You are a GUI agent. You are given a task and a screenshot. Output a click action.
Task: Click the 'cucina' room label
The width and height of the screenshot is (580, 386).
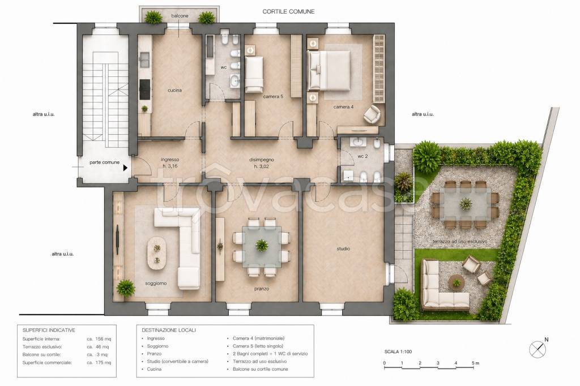pos(174,90)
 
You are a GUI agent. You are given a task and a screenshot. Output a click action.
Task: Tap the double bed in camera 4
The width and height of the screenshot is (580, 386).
pos(329,70)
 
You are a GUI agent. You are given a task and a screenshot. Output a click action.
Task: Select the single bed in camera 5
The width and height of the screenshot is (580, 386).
pos(254,74)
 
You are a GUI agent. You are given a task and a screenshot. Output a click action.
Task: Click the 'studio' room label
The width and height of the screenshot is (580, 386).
pos(343,249)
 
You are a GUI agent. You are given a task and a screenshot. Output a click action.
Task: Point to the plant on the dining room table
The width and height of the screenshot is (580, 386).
pos(262,245)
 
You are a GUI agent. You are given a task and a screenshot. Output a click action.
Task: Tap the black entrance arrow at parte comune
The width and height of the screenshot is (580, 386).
pos(125,168)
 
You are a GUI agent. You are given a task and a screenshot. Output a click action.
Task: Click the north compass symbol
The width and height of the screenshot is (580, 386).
pos(538,349)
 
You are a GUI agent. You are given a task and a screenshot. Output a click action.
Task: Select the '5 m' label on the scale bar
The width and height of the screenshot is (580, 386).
pos(475,363)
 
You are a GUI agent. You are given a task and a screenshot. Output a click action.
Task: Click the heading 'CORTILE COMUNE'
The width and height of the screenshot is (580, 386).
pos(288,11)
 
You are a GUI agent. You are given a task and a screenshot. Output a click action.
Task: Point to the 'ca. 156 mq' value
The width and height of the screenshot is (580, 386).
pos(99,338)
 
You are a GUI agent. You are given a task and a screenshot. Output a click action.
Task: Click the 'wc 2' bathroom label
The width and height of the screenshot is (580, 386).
pos(362,156)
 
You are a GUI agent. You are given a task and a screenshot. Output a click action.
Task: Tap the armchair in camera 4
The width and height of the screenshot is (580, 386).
pos(372,114)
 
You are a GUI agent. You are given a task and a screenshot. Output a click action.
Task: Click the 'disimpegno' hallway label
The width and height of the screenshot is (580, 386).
pos(262,160)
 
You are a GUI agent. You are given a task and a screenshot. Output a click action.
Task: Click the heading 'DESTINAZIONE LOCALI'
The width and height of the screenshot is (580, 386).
pos(169,330)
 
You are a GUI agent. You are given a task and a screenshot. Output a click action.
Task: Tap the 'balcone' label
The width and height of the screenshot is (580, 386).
pos(180,16)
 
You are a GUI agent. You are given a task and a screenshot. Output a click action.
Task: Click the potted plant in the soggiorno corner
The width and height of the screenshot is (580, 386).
pos(126,288)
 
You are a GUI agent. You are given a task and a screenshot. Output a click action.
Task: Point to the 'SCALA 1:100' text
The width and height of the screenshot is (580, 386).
pos(398,352)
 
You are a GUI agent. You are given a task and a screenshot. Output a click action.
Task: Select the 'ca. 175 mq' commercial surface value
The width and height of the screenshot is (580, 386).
pos(99,363)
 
